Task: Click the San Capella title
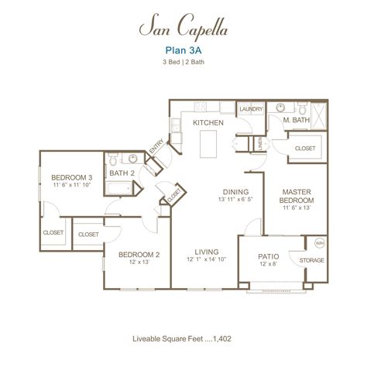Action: point(183,28)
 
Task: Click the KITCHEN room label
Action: point(208,122)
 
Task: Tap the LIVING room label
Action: point(206,252)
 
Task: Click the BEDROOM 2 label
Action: point(139,253)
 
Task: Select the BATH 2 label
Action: point(122,173)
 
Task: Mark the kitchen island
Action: point(207,144)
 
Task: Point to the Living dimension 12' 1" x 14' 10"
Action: point(206,261)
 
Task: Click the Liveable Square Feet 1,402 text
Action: point(183,338)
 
